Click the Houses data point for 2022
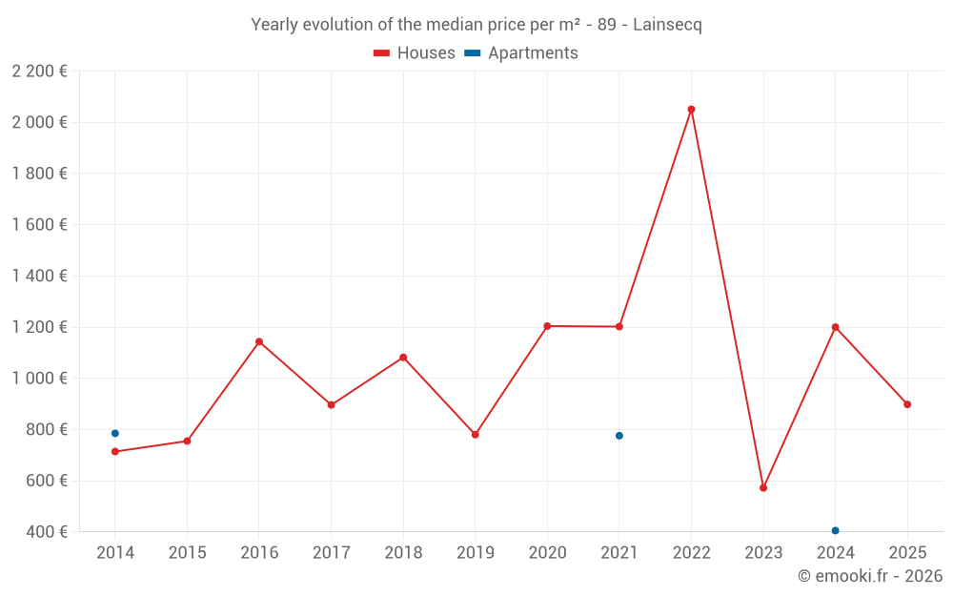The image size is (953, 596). coord(691,110)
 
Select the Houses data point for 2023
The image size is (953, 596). coord(763,488)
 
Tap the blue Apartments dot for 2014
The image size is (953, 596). coord(115,434)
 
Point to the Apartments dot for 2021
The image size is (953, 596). coord(619,436)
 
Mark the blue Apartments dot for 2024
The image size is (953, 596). coord(836,531)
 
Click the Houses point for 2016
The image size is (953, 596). coord(259,342)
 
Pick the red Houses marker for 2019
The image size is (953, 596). coord(476,435)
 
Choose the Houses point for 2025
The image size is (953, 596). coord(907,404)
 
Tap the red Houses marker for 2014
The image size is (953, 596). coord(115,452)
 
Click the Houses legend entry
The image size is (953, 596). coord(415,53)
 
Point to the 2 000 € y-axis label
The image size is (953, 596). coord(39,122)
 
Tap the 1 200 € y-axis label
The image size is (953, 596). coord(39,327)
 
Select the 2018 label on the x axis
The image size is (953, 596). coord(403,553)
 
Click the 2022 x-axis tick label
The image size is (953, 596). coord(691,553)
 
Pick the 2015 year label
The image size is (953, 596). coord(187,553)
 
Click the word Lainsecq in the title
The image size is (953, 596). coord(667,25)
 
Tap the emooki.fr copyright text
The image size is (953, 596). coord(870,576)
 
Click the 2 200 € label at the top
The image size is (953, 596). coord(39,72)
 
